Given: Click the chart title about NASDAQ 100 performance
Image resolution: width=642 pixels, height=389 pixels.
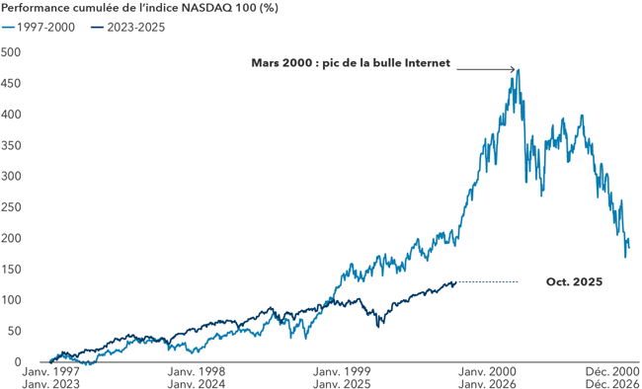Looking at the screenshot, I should tap(114, 9).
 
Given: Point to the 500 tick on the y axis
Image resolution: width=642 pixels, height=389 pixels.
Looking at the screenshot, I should tap(11, 52).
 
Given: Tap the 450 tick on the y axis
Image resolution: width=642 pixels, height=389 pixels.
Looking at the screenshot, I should tap(11, 83).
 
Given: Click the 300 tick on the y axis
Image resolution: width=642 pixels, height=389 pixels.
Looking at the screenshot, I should tap(11, 176).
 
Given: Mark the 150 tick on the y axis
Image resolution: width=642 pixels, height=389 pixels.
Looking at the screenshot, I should tap(11, 269).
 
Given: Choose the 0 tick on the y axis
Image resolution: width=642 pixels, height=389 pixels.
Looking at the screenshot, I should tap(16, 361).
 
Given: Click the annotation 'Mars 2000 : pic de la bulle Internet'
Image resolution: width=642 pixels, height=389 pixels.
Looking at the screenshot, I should tap(351, 63).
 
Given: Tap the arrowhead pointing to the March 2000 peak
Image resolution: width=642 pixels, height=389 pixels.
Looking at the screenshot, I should tap(514, 69).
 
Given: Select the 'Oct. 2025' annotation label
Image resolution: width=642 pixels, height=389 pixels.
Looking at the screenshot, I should tap(574, 282).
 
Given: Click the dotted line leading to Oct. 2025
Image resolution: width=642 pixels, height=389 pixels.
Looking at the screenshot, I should tap(488, 282).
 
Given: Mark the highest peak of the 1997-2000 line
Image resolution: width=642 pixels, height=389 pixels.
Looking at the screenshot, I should tap(518, 70).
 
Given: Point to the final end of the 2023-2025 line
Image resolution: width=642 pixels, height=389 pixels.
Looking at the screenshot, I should tap(456, 282).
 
